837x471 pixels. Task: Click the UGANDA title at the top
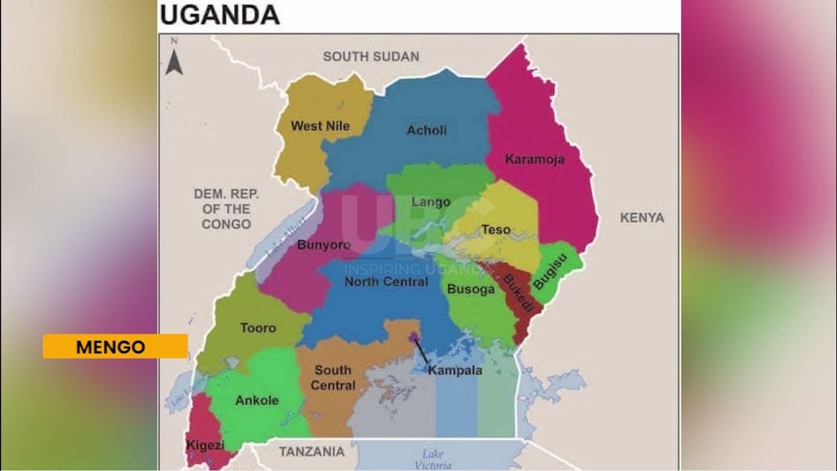pos(220,14)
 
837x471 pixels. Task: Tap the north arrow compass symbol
pos(173,58)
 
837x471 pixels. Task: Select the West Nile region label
pos(320,126)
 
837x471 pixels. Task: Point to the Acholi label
pos(426,130)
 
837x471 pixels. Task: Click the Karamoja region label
pos(534,159)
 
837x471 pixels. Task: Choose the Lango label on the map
pos(430,201)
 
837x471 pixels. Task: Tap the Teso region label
pos(496,230)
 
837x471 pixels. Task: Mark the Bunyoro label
pos(324,245)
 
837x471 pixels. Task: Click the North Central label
pos(386,282)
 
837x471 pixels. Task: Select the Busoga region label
pos(470,290)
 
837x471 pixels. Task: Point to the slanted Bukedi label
pos(518,292)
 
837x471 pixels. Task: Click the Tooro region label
pos(258,328)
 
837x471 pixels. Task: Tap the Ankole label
pos(257,400)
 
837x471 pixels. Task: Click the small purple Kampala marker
pos(414,338)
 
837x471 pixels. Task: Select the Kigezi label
pos(205,445)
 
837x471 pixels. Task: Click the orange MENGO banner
pos(115,347)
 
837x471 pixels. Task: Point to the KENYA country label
pos(641,218)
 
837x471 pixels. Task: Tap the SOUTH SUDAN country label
pos(371,57)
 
